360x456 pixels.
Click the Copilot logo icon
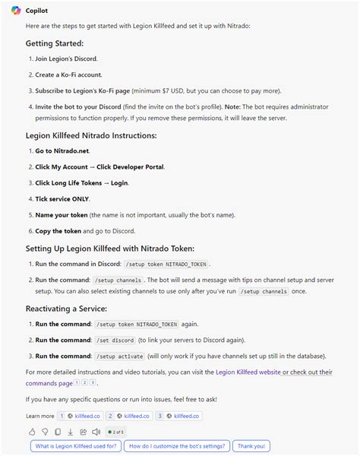[x=15, y=9]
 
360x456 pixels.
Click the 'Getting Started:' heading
[x=55, y=43]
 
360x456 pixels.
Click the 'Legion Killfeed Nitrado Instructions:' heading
[x=90, y=135]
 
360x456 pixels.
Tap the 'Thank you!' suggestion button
[x=251, y=447]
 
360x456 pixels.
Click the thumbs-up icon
[x=33, y=432]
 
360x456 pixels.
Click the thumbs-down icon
[x=45, y=432]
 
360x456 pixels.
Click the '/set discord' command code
[x=116, y=340]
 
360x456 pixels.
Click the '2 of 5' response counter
[x=115, y=432]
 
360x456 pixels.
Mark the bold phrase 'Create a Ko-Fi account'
[x=68, y=74]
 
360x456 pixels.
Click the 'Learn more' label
[x=39, y=416]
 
